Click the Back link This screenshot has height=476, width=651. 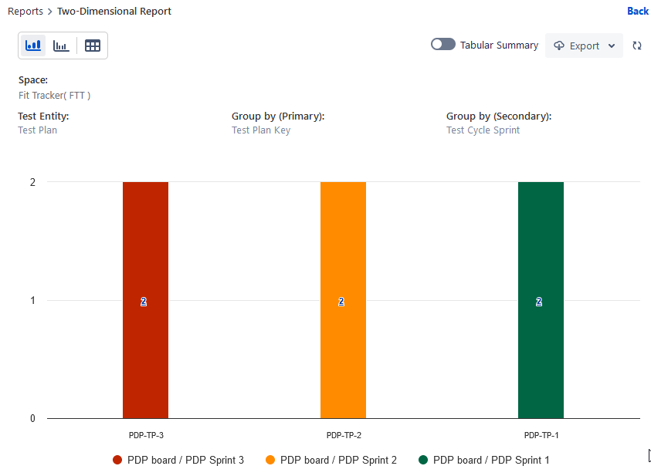pos(638,11)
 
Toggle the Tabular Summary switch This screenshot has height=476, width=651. pos(442,45)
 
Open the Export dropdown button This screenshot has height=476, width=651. pos(584,46)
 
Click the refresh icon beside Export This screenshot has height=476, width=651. pos(637,46)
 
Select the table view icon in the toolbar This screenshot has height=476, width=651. pos(93,46)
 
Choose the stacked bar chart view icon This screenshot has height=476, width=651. pos(33,46)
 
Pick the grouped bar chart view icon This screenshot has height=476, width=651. pos(61,46)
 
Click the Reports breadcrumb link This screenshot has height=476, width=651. pos(25,12)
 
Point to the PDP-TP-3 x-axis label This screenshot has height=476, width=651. pos(146,435)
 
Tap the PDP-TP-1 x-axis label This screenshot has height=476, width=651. pos(541,435)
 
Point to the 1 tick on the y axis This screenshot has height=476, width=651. pos(32,300)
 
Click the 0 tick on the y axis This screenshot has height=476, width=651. pos(32,419)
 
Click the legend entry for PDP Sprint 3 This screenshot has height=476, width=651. pos(178,460)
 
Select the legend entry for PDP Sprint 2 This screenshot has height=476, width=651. pos(331,460)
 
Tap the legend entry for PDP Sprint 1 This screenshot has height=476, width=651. pos(484,460)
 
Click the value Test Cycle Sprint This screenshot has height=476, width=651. pos(483,130)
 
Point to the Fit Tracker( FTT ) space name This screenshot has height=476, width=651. pos(54,96)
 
